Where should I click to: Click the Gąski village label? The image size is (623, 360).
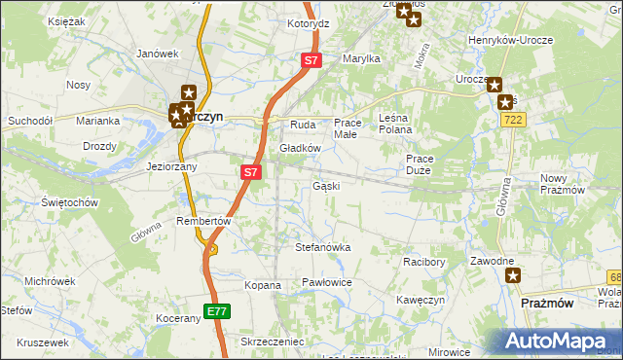pos(326,186)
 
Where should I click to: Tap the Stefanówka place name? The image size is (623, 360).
pos(322,247)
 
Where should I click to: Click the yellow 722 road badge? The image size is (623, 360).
pos(514,119)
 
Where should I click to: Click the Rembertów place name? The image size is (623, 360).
pos(202,221)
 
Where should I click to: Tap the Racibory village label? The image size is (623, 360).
pos(423,262)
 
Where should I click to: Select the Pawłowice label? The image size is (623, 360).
pos(325,282)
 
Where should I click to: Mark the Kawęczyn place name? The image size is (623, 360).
pos(421,300)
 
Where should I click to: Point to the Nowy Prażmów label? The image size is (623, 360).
pos(568,184)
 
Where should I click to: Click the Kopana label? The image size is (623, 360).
pos(263,286)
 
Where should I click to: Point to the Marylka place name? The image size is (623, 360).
pos(360,58)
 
